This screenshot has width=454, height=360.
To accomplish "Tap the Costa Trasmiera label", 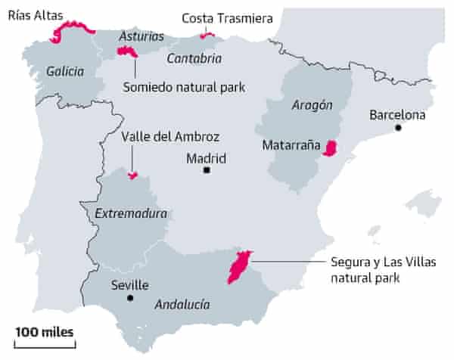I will pos(227,17).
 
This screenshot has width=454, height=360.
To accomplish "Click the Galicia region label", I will pos(65,72).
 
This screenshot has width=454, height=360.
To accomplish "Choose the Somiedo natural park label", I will pos(184,86).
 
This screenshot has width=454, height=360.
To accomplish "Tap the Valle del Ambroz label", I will pos(170,137).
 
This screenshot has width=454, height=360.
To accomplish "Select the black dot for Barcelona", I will pos(398,129).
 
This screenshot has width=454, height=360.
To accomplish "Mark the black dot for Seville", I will pos(131,299).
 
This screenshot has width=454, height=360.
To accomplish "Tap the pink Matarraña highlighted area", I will pos(330,148).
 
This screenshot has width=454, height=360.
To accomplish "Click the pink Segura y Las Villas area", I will pos(239,267).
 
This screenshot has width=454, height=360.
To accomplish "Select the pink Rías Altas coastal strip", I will pos(72,30).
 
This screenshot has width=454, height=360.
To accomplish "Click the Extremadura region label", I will pos(131,214).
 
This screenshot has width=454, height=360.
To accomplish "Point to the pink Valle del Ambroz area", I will pos(132,176).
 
